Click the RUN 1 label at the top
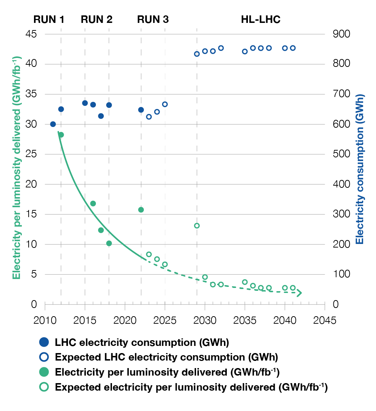tap(49, 19)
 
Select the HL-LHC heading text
tap(260, 19)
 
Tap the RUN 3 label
tap(153, 19)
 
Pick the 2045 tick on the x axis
tap(325, 319)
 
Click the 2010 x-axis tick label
tap(45, 319)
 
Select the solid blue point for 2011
tap(53, 124)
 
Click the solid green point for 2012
tap(61, 135)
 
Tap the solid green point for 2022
tap(141, 210)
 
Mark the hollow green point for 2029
tap(197, 226)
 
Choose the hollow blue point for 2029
tap(197, 54)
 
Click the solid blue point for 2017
tap(101, 116)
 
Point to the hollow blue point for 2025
tap(165, 104)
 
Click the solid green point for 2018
tap(109, 243)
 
